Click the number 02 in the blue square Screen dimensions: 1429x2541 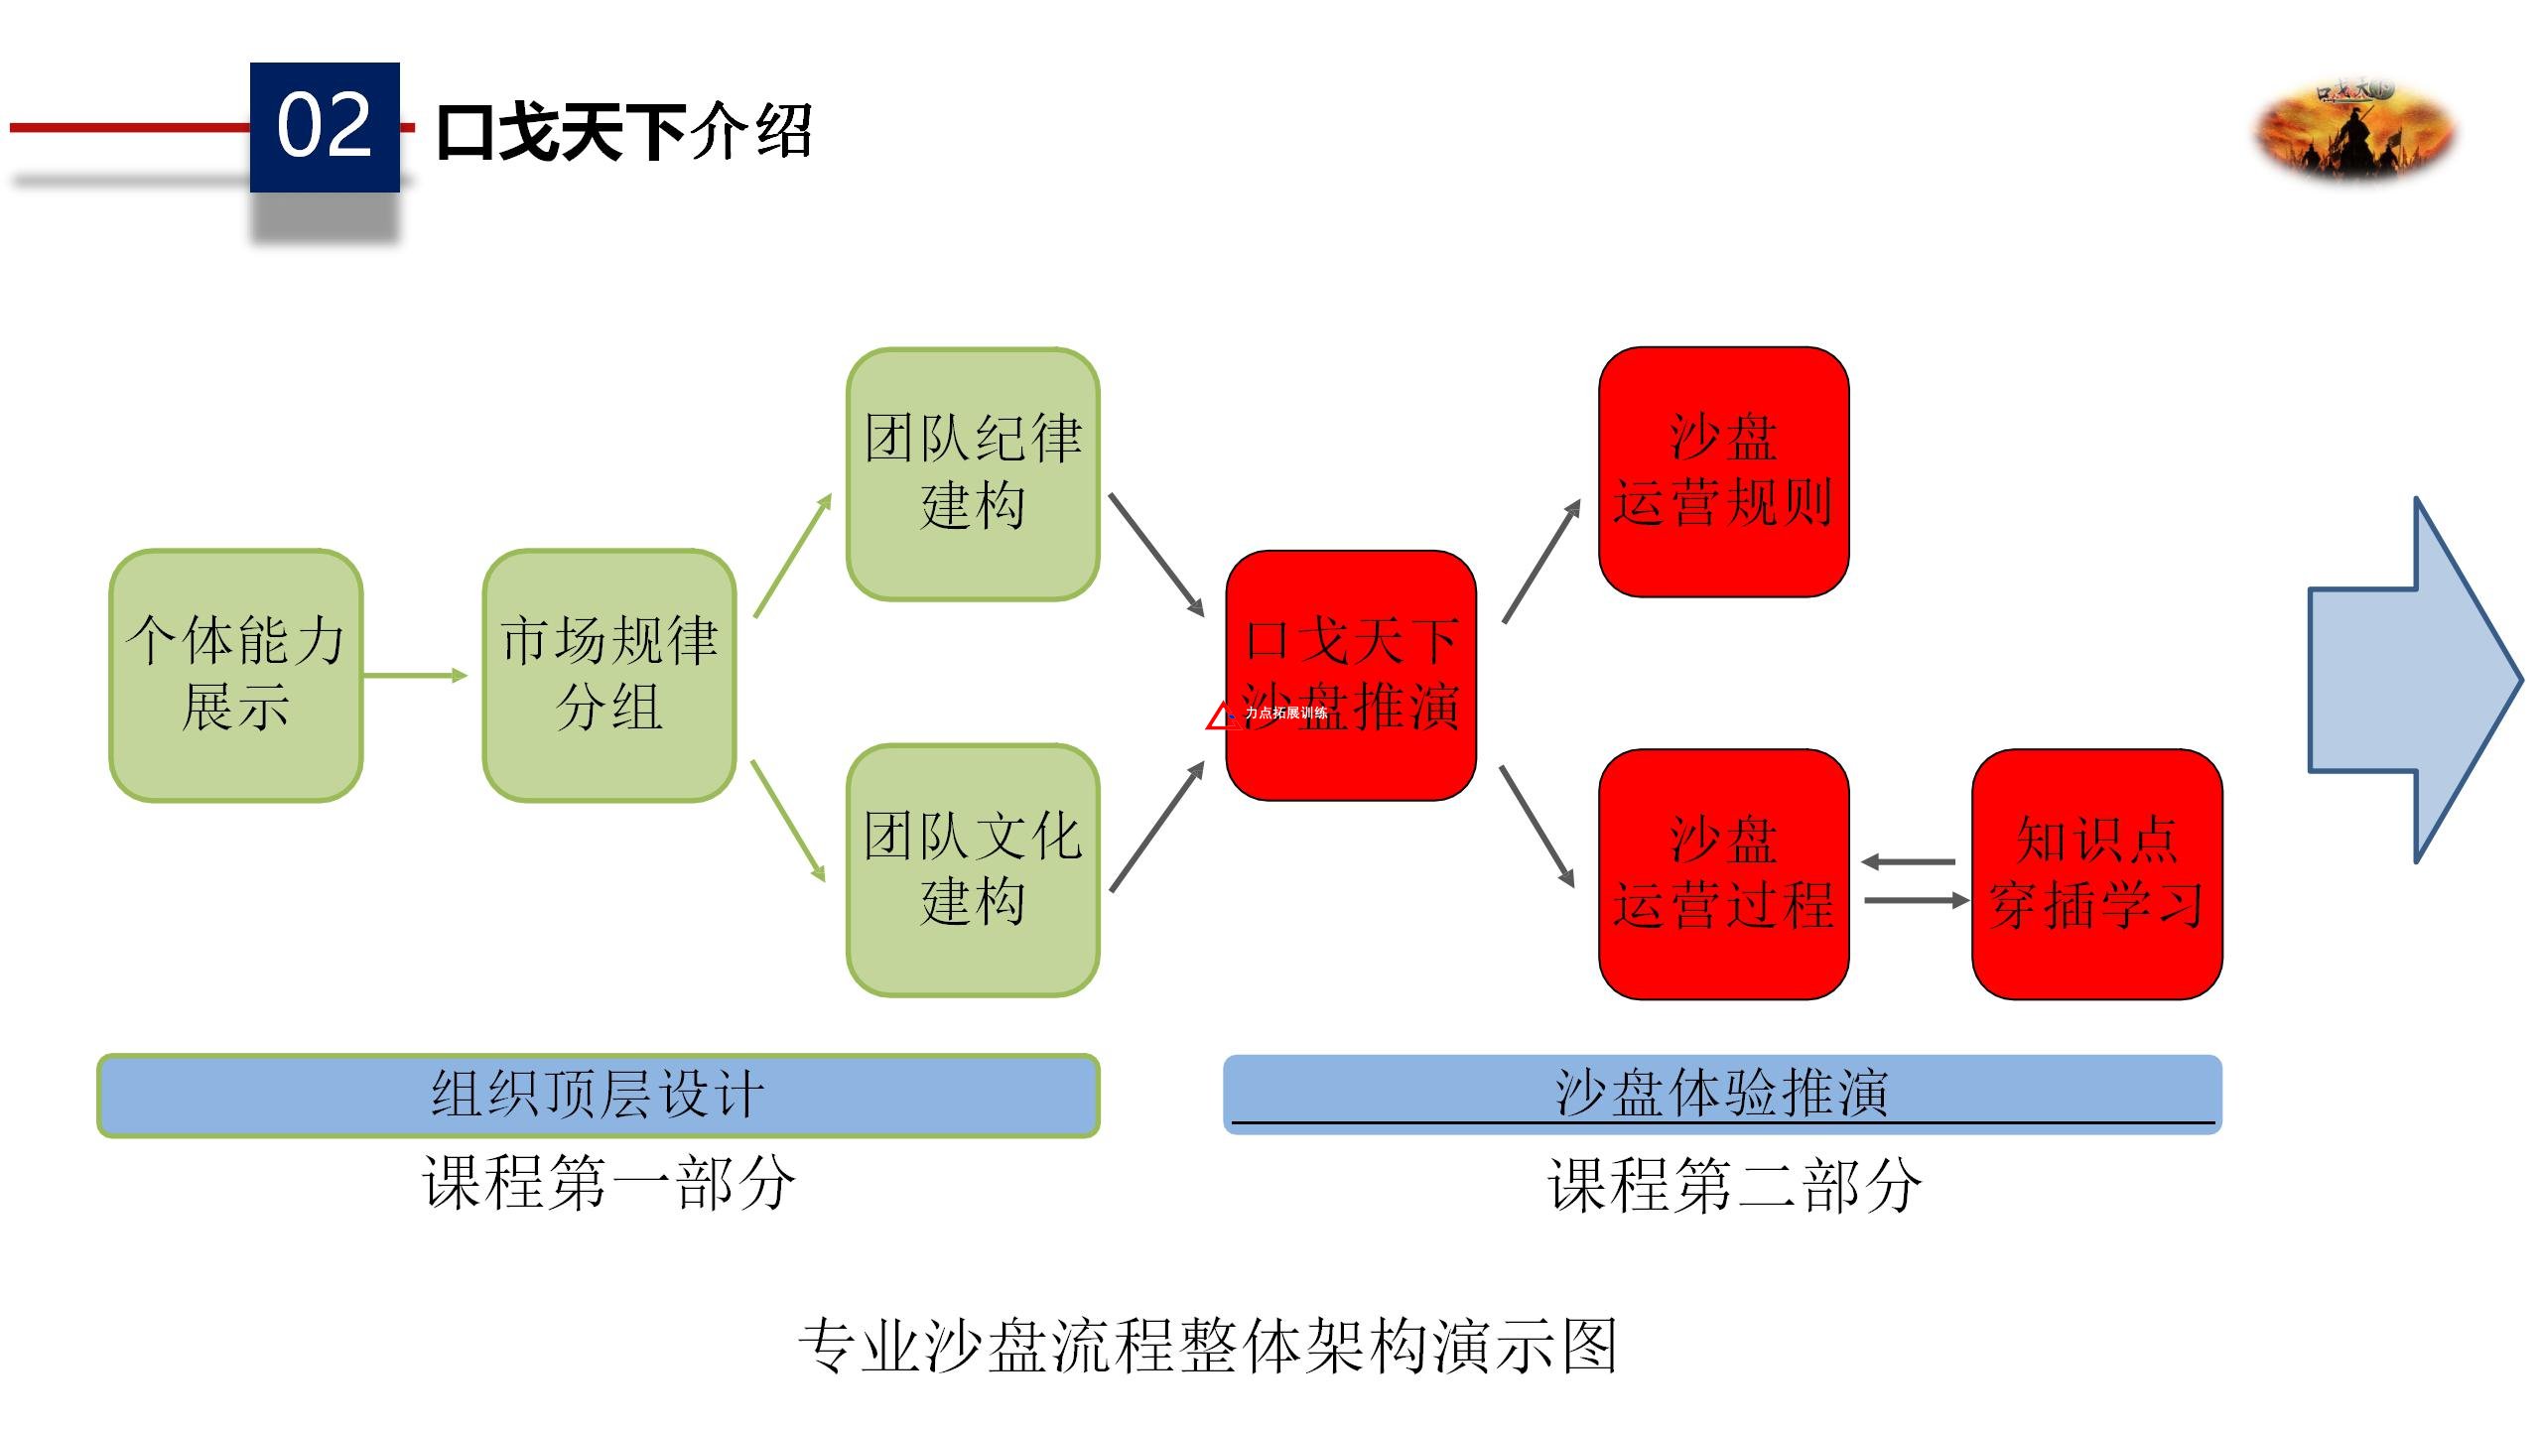click(325, 126)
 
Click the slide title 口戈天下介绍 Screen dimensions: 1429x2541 click(624, 132)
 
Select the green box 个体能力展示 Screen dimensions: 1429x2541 click(236, 675)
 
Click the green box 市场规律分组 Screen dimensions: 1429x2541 click(609, 675)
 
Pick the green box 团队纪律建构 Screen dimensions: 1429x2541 click(973, 473)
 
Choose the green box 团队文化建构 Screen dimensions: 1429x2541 click(973, 869)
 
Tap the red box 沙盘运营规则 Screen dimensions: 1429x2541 click(1723, 471)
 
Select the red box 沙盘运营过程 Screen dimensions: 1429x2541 click(1723, 873)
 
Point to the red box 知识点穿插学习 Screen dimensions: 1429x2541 click(2096, 873)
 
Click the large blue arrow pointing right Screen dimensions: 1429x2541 click(2412, 680)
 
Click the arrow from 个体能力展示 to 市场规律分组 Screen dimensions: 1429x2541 click(415, 676)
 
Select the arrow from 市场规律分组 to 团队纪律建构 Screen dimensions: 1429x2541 click(792, 556)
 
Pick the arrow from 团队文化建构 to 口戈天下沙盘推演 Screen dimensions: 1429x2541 click(1156, 828)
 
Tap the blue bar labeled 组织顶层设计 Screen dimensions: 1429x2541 click(598, 1095)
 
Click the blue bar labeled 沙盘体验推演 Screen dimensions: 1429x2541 click(1722, 1094)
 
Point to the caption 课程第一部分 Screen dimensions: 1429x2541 click(608, 1182)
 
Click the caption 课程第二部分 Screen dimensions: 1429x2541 click(1734, 1184)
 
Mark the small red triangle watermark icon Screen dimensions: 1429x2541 click(1220, 716)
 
